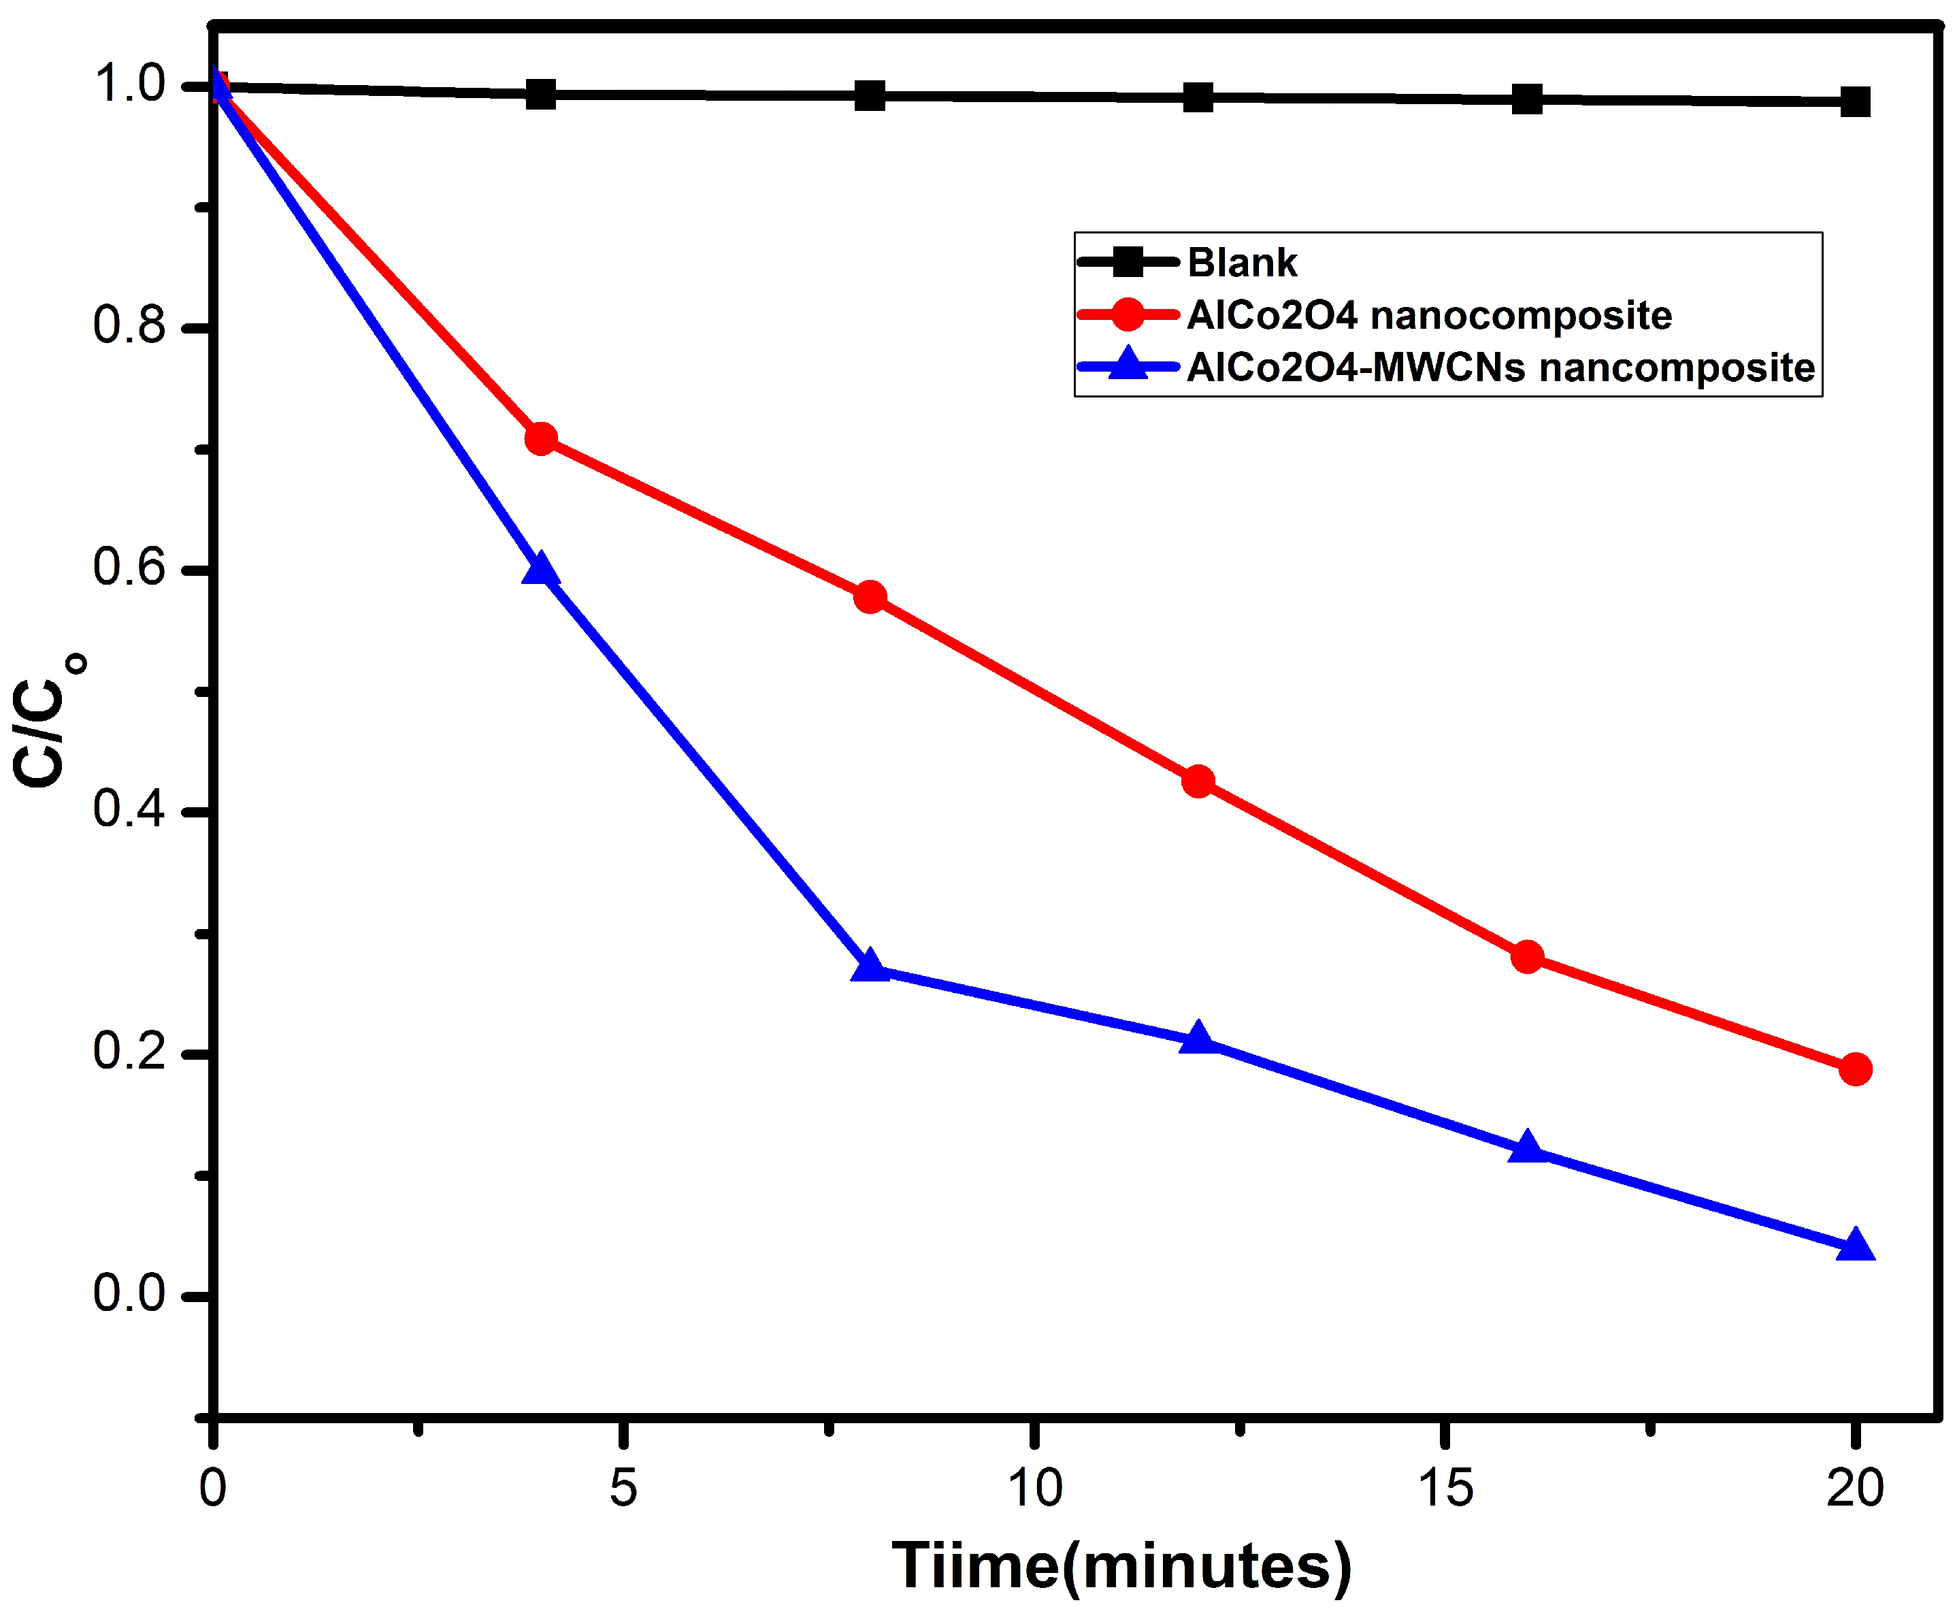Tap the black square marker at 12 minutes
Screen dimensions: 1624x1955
pyautogui.click(x=1198, y=97)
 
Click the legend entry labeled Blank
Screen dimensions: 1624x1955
pyautogui.click(x=1242, y=263)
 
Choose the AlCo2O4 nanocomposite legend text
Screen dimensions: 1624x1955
pyautogui.click(x=1429, y=316)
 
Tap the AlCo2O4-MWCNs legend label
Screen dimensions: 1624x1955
pyautogui.click(x=1500, y=368)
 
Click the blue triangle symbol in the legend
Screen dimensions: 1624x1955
pyautogui.click(x=1128, y=365)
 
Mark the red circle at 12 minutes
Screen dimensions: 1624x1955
pyautogui.click(x=1198, y=780)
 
